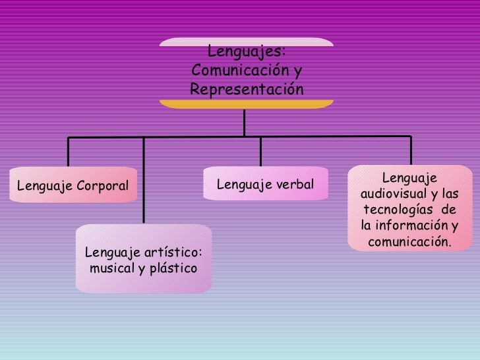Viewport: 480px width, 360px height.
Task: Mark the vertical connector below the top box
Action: pyautogui.click(x=245, y=123)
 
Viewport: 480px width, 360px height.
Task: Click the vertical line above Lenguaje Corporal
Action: pyautogui.click(x=69, y=151)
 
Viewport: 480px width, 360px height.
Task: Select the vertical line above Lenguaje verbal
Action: pyautogui.click(x=260, y=151)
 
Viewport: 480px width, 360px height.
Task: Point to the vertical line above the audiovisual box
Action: pyautogui.click(x=410, y=150)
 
